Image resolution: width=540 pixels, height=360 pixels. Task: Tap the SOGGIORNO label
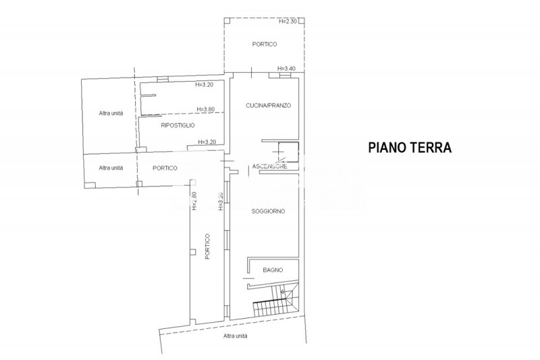coord(268,211)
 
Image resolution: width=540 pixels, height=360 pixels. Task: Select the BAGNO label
coord(273,270)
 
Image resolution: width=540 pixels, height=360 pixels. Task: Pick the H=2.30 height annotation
coord(289,22)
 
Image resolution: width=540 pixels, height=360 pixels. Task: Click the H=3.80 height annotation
coord(205,109)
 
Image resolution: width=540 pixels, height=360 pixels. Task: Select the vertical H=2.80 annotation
coord(194,201)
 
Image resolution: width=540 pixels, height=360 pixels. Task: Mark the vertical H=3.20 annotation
coord(220,201)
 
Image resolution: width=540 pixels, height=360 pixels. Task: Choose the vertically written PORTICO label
coord(208,247)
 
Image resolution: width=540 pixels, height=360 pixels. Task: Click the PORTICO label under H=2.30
coord(265,44)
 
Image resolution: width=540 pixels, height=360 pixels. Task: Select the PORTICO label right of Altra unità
coord(165,168)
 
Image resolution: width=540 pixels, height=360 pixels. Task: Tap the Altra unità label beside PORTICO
coord(110,168)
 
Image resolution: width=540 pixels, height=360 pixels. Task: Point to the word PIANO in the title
coord(386,147)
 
